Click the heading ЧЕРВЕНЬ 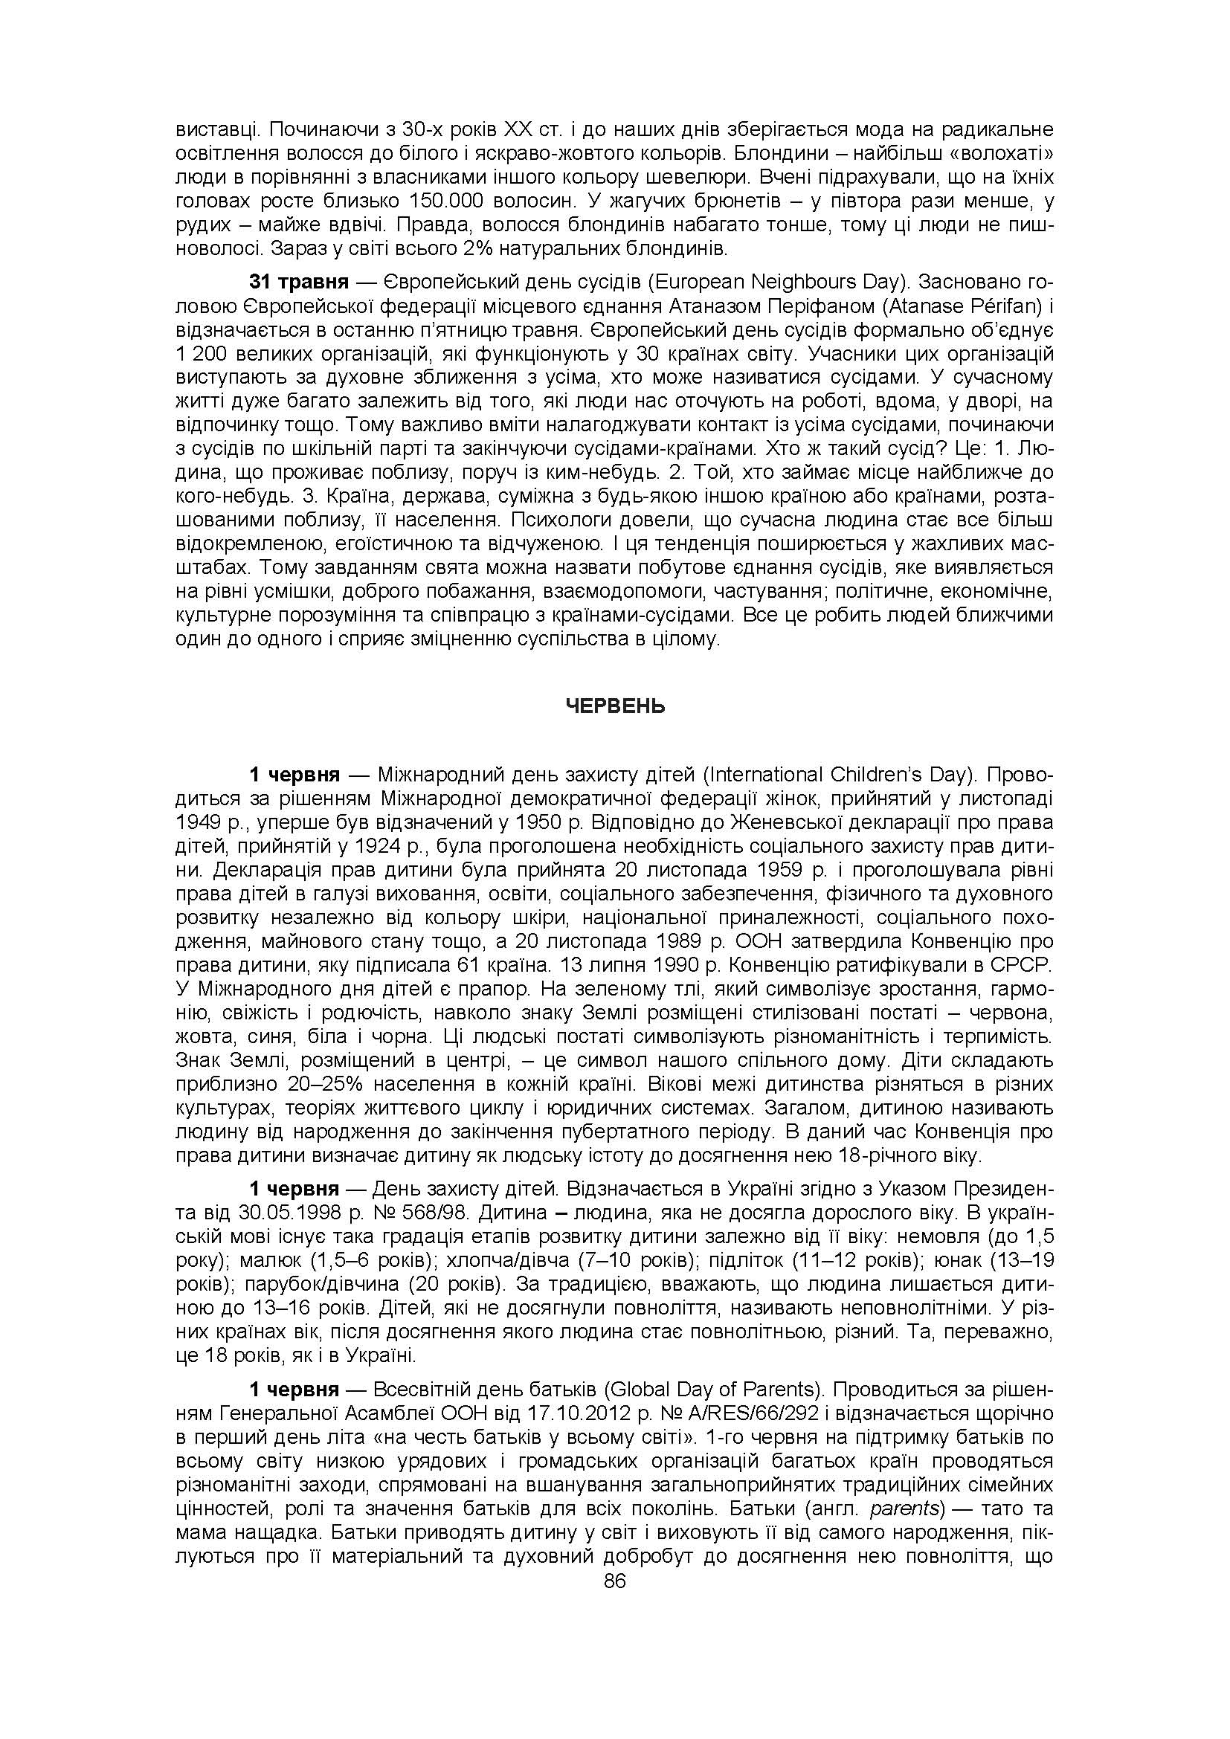click(x=615, y=706)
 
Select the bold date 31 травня click(x=298, y=283)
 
